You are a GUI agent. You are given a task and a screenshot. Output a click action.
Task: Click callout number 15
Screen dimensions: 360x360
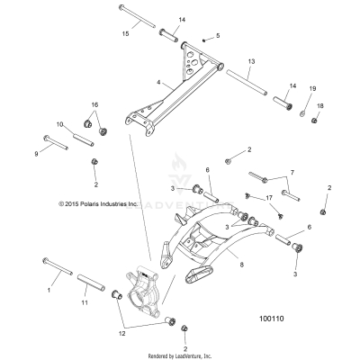(x=127, y=34)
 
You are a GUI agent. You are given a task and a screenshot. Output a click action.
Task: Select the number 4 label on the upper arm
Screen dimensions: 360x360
(x=158, y=83)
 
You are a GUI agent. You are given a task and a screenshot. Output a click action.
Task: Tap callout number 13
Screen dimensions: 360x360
(x=251, y=61)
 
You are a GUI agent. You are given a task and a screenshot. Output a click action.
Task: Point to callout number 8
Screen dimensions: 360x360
(x=241, y=265)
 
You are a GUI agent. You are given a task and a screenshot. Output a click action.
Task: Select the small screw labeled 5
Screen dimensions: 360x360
(x=205, y=40)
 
